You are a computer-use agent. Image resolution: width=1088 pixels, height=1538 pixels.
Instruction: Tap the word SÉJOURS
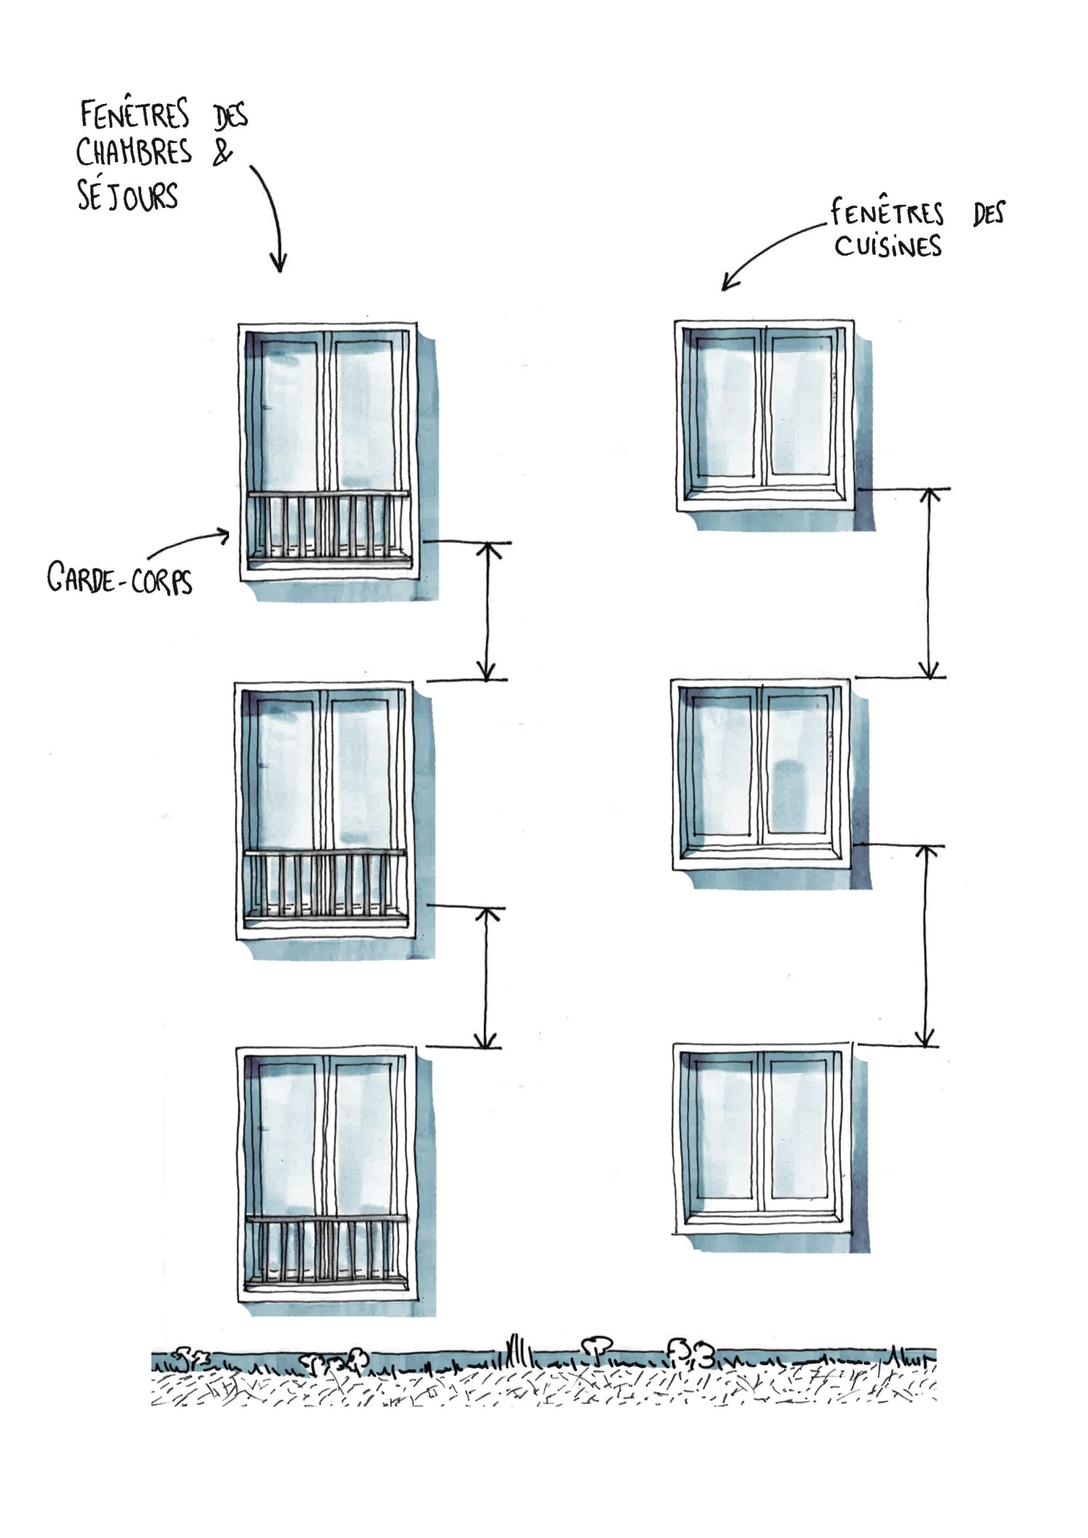(127, 196)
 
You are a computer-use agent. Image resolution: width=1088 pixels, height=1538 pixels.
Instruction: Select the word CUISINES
(888, 246)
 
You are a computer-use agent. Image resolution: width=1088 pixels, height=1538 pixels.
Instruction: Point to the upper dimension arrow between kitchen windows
(929, 583)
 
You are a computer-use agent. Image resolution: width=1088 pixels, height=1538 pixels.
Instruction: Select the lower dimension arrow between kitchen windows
(925, 945)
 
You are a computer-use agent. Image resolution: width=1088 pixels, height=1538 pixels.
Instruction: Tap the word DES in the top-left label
(231, 115)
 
